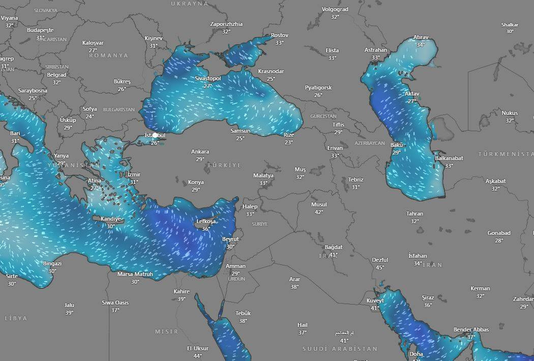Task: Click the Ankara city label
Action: (200, 152)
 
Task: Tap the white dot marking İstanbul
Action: (155, 135)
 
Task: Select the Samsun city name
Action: (240, 131)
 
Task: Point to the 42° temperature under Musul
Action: (319, 212)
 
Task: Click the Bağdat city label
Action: (334, 247)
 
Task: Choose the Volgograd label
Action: (335, 9)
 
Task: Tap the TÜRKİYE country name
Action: (224, 165)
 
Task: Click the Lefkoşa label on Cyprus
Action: (206, 221)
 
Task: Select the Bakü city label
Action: (397, 145)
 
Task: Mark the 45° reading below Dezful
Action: (380, 267)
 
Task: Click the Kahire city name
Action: (182, 291)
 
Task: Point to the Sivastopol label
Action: (207, 78)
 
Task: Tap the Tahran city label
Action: (414, 214)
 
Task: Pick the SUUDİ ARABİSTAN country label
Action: (340, 349)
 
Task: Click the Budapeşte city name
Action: (40, 30)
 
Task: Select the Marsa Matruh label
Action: (135, 274)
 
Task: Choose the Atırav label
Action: (421, 37)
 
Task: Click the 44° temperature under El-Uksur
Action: (197, 356)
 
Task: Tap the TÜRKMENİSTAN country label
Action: (506, 154)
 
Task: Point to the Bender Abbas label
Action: (471, 329)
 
